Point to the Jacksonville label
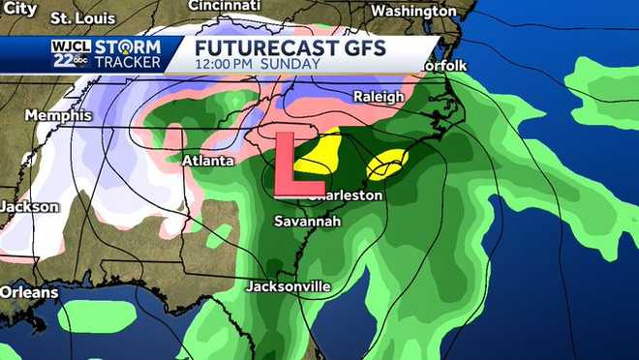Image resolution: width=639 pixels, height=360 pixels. point(289,286)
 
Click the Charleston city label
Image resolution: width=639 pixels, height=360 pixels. point(345,195)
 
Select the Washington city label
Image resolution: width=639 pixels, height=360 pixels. point(413,12)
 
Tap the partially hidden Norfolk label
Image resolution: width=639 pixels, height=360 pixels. point(444,65)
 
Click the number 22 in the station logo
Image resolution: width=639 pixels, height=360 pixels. point(62,60)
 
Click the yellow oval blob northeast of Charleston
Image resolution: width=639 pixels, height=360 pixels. point(387,165)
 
